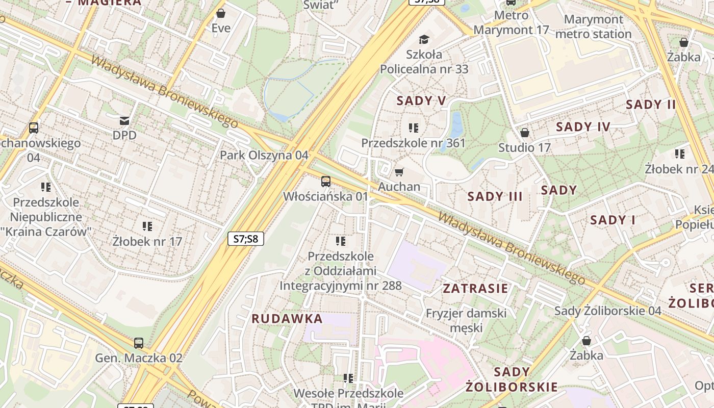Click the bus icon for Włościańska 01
click(325, 181)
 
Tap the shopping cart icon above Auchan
click(399, 172)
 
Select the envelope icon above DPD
click(124, 121)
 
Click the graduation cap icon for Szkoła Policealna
click(424, 39)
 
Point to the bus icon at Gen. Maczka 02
click(139, 343)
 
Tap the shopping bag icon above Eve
click(221, 13)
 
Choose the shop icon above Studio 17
click(524, 133)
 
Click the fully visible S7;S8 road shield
click(245, 238)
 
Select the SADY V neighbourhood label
click(421, 101)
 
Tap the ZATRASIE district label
click(475, 289)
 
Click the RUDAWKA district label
click(287, 319)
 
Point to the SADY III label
click(495, 196)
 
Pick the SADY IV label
click(582, 127)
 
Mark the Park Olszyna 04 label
click(264, 155)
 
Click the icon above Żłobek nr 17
click(147, 226)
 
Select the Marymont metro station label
click(593, 27)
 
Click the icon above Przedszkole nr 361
click(414, 127)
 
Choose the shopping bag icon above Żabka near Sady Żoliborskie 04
click(586, 340)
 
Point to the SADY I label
click(613, 220)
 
